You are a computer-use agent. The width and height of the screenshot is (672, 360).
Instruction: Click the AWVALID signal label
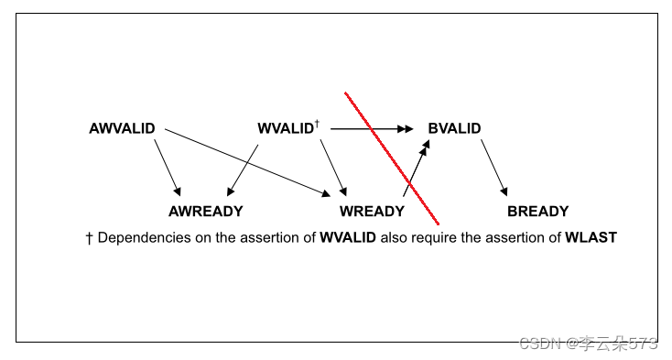pyautogui.click(x=122, y=129)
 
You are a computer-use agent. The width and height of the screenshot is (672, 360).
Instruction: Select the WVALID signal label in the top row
pyautogui.click(x=285, y=129)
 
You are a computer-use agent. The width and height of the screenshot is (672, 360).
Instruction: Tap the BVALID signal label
pyautogui.click(x=454, y=129)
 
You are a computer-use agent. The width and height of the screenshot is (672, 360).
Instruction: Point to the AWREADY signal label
pyautogui.click(x=206, y=212)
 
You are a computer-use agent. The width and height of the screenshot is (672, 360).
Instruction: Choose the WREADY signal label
pyautogui.click(x=372, y=212)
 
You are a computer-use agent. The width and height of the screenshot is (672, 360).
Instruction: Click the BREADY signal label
pyautogui.click(x=537, y=212)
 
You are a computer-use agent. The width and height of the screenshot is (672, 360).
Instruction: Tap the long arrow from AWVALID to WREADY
pyautogui.click(x=247, y=161)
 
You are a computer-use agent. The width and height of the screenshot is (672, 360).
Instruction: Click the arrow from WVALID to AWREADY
pyautogui.click(x=243, y=168)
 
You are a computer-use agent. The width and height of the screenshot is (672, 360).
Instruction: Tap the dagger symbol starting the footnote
pyautogui.click(x=89, y=238)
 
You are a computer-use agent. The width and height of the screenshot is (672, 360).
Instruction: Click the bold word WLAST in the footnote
pyautogui.click(x=591, y=238)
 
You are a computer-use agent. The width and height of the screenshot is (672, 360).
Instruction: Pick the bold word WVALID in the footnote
pyautogui.click(x=347, y=238)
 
